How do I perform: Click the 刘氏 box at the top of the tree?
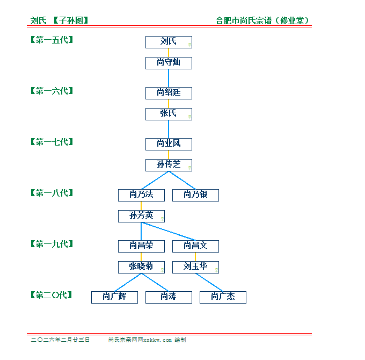[x=169, y=42]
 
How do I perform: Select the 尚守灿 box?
[x=169, y=63]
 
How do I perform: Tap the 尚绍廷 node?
[x=169, y=93]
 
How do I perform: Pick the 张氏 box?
[x=169, y=114]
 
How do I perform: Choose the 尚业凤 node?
[x=169, y=144]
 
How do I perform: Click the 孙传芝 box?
[x=169, y=165]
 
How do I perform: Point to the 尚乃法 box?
[x=141, y=195]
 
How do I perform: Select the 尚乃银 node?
[x=195, y=195]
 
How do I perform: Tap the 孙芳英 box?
[x=141, y=216]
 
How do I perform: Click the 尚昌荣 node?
[x=141, y=246]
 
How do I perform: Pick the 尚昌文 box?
[x=195, y=246]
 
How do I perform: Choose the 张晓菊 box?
[x=141, y=267]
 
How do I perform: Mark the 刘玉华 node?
[x=195, y=267]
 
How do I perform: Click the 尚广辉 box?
[x=114, y=297]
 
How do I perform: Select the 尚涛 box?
[x=169, y=297]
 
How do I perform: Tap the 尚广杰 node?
[x=223, y=297]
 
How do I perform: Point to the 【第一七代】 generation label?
[x=52, y=142]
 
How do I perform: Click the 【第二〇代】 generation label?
[x=52, y=295]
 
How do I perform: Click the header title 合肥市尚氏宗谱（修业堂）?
[x=262, y=21]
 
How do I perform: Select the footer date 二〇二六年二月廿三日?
[x=60, y=340]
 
